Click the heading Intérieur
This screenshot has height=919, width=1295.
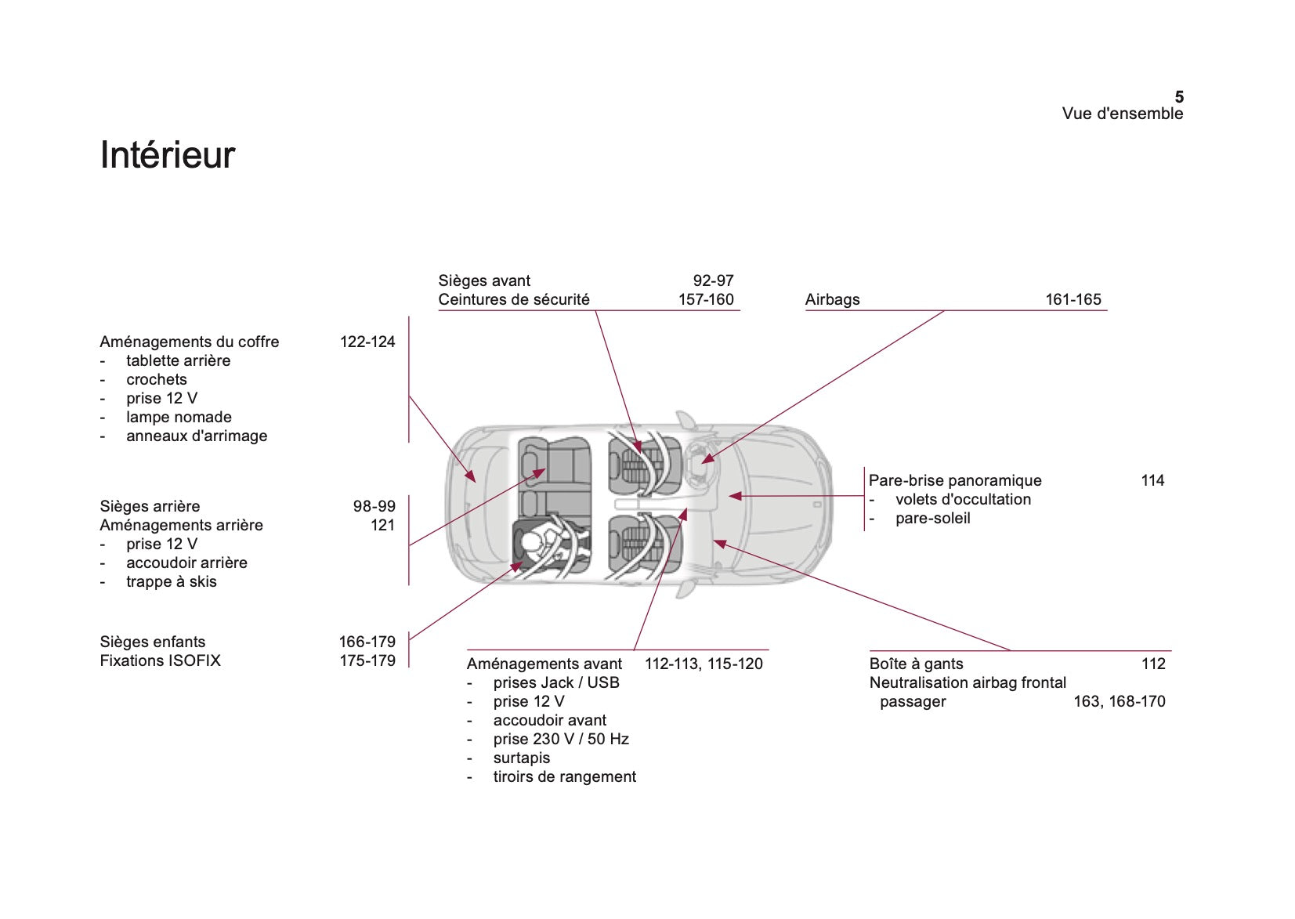167,155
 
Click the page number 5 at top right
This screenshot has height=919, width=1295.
1178,97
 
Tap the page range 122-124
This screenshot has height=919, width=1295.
367,342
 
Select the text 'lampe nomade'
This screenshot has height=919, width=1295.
179,417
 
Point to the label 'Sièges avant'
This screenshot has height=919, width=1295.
484,280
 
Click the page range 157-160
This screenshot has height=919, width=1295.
706,299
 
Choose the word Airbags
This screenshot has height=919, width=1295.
832,299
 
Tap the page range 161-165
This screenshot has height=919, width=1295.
1073,299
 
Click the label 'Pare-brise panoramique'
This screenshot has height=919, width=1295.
955,480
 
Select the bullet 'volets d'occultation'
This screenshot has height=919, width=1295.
963,499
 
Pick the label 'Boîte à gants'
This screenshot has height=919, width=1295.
916,664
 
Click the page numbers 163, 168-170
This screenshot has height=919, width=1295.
1119,701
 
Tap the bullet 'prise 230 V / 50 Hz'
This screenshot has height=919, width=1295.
561,739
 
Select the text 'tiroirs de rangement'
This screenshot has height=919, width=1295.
564,776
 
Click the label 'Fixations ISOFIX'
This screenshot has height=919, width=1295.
160,660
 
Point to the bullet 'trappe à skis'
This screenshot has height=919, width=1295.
171,581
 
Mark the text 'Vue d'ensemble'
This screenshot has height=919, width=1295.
1122,114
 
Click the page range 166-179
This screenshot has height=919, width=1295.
367,642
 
